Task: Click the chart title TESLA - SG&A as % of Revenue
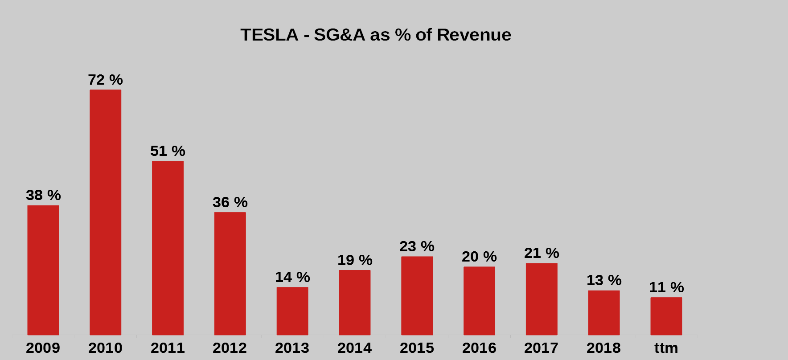coord(376,35)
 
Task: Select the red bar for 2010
coord(105,212)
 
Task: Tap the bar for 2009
coord(43,270)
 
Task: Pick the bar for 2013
coord(292,311)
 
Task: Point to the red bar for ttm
coord(666,316)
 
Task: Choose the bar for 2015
coord(417,295)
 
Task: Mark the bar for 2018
coord(604,313)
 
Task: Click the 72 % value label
coord(105,80)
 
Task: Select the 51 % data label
coord(168,151)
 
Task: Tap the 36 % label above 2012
coord(230,202)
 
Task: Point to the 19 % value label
coord(355,260)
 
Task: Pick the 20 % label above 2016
coord(479,257)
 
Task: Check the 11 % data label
coord(666,287)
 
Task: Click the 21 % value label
coord(542,253)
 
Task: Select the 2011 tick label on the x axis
coord(168,348)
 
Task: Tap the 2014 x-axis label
coord(354,348)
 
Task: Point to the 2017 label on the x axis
coord(541,348)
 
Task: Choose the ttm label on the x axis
coord(666,348)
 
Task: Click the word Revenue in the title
coord(474,35)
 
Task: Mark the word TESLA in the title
coord(269,35)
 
